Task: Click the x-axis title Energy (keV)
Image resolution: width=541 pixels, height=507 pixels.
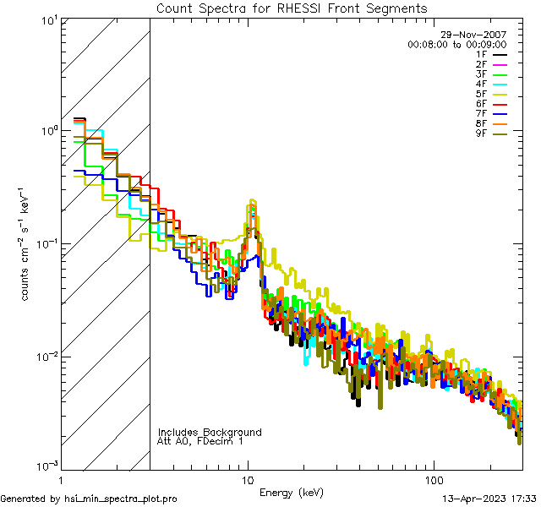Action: click(x=292, y=493)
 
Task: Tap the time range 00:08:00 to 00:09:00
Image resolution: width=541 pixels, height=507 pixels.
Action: click(x=456, y=44)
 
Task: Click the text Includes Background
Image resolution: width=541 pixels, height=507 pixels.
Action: click(x=210, y=432)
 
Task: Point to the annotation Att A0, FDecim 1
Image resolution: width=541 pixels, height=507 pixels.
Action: click(x=200, y=441)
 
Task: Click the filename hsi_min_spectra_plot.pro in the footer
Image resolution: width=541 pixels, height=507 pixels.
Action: click(x=121, y=499)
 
